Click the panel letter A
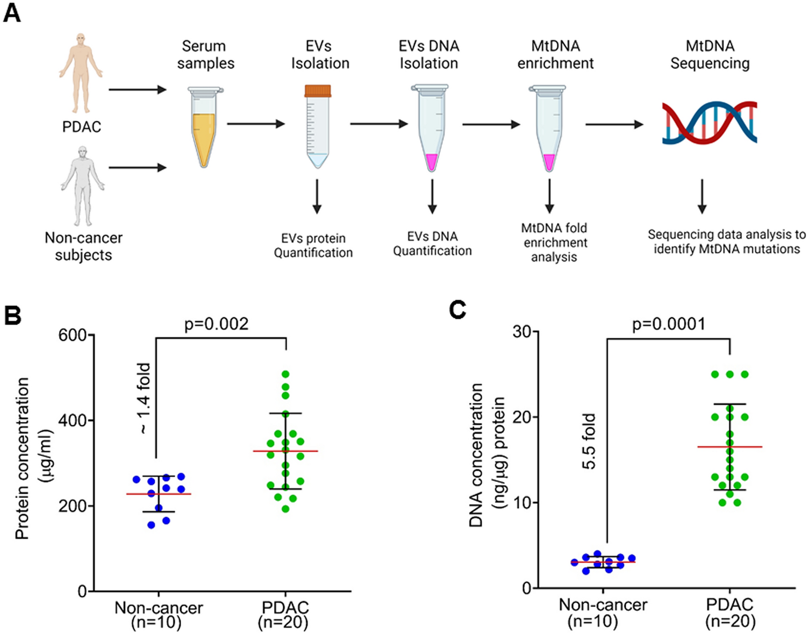(12, 12)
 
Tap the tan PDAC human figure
(81, 73)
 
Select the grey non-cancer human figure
(82, 185)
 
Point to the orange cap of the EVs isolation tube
(317, 91)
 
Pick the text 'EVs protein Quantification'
(313, 246)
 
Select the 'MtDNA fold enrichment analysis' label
(554, 242)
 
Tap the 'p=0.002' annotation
(217, 324)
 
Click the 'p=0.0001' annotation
(668, 324)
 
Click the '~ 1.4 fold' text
(144, 398)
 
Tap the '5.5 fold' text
(589, 441)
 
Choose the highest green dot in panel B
(285, 374)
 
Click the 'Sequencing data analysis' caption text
(726, 242)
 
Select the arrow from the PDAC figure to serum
(138, 89)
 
